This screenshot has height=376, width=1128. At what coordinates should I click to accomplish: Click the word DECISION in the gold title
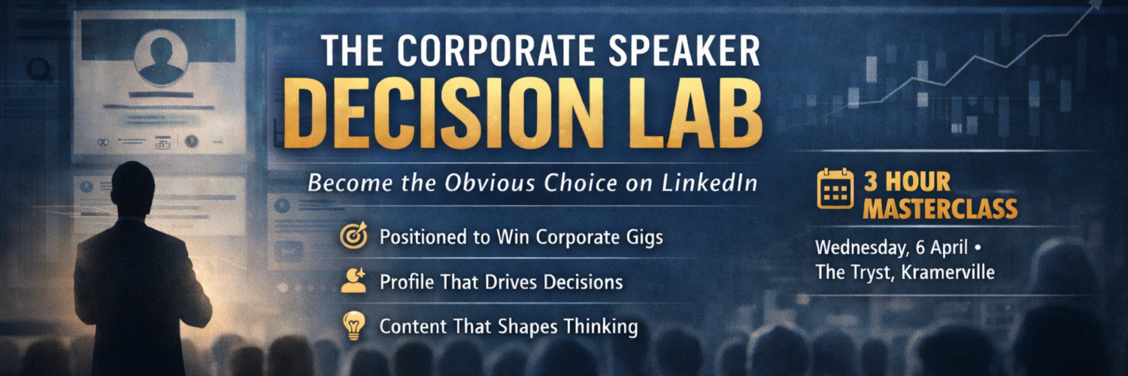443,114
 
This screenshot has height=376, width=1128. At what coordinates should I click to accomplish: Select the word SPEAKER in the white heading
684,51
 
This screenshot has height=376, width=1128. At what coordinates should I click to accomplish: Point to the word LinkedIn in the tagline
709,182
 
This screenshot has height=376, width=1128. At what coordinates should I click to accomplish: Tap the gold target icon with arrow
353,235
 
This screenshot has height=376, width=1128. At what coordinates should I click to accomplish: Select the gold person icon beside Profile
353,280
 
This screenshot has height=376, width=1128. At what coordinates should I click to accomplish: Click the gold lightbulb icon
353,325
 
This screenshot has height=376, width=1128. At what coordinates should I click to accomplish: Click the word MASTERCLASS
940,209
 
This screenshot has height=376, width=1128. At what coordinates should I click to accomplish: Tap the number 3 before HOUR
871,182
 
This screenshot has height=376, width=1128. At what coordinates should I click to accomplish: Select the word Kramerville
948,272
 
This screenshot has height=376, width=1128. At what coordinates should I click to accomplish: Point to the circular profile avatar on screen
161,58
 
